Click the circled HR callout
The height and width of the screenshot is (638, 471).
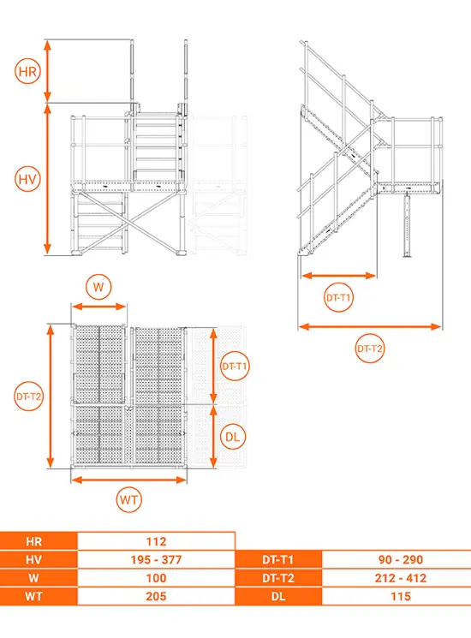(27, 72)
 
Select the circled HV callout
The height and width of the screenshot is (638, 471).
(27, 179)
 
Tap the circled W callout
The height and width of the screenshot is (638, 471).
(98, 287)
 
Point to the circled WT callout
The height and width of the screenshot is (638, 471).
(129, 499)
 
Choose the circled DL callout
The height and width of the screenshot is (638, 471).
(233, 437)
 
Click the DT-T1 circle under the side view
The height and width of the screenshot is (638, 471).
(338, 297)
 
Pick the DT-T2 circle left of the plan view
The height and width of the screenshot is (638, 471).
(28, 396)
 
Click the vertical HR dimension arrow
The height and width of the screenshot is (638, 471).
(48, 71)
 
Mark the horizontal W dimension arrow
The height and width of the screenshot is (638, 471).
(98, 307)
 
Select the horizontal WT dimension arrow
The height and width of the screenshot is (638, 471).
(129, 480)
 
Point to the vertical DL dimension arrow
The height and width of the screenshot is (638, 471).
(213, 437)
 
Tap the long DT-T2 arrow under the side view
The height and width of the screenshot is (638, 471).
(370, 326)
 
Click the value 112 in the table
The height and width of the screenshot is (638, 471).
(156, 541)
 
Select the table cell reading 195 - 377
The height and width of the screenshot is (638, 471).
(156, 560)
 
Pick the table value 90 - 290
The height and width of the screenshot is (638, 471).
(401, 560)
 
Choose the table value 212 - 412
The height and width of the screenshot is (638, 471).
(401, 578)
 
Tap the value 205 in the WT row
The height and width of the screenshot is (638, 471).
(156, 597)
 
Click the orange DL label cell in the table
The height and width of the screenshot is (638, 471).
(278, 597)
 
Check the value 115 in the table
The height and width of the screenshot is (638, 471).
(401, 597)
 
